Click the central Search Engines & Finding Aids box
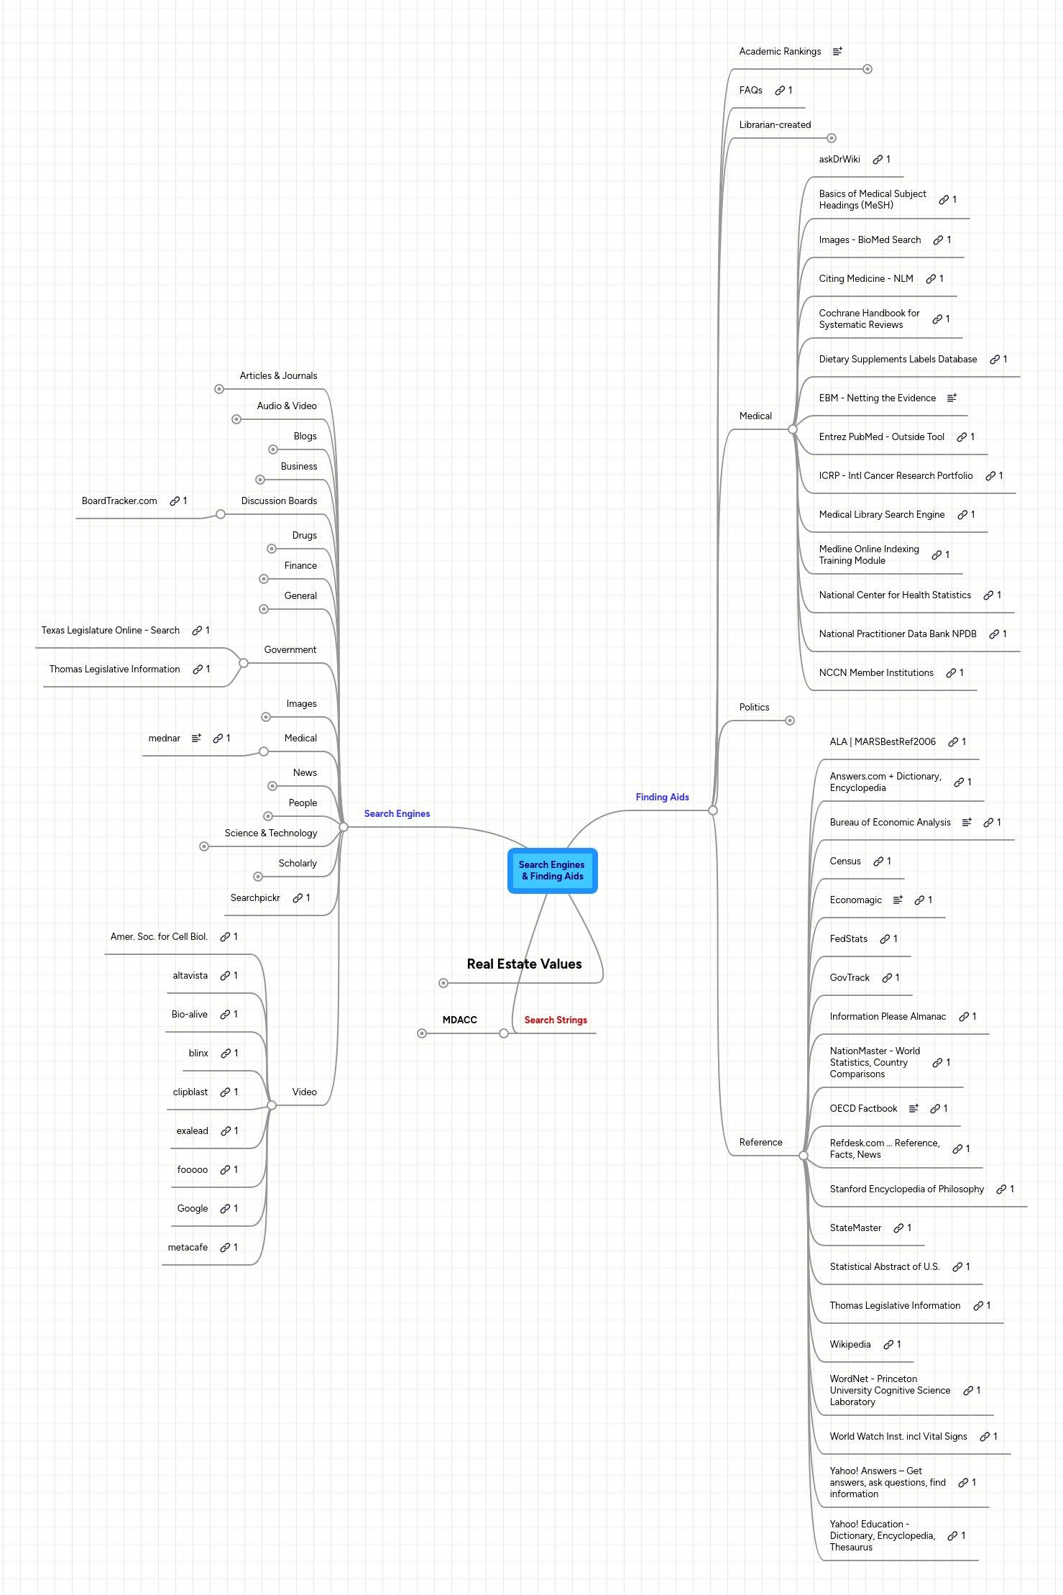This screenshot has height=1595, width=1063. point(552,870)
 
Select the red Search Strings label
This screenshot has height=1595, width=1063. point(556,1020)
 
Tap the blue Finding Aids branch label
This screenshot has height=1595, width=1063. point(662,797)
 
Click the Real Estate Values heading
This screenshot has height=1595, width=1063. point(524,964)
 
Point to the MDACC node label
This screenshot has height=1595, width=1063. point(459,1020)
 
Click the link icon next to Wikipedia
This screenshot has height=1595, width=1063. point(888,1344)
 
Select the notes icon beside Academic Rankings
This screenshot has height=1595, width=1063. point(837,51)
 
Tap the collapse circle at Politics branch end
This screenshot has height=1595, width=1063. point(790,721)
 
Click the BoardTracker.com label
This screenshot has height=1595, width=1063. point(119,501)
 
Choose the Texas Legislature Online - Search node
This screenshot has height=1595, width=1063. point(110,630)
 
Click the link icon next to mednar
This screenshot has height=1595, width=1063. point(218,738)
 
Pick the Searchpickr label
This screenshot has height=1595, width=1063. point(255,897)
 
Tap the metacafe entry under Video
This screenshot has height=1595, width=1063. point(188,1247)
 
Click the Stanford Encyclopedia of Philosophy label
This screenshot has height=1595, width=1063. point(906,1189)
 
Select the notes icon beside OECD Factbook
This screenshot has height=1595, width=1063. point(914,1108)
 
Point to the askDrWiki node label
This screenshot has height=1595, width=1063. point(839,159)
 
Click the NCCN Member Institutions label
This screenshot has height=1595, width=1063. point(875,672)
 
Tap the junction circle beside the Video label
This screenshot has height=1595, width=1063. point(272,1105)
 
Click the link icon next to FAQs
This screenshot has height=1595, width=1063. point(780,90)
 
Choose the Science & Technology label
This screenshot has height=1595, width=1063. point(270,833)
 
